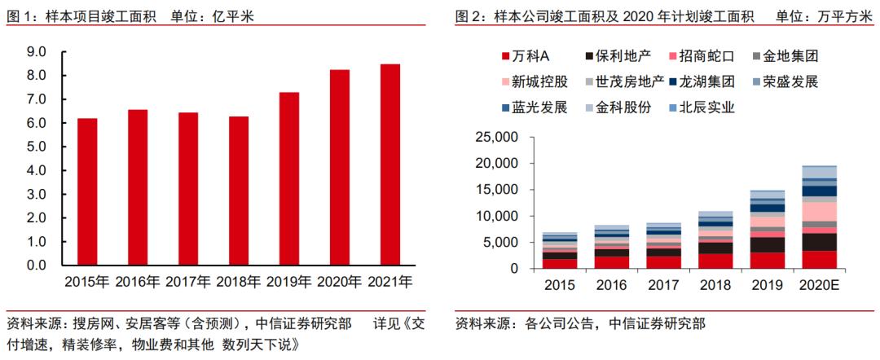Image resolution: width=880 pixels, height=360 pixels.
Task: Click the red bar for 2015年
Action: [x=87, y=191]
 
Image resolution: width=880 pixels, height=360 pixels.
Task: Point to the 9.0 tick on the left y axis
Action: [x=36, y=52]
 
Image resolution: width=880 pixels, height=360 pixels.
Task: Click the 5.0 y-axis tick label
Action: [x=36, y=147]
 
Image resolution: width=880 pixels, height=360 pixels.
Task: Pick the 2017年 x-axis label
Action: [x=188, y=282]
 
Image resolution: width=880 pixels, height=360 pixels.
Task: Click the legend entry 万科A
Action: [x=531, y=56]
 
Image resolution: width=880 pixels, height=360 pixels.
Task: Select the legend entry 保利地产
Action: [x=623, y=56]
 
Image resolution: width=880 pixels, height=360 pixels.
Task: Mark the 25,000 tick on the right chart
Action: [x=495, y=138]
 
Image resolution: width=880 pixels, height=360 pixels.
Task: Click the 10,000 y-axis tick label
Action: [x=495, y=216]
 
